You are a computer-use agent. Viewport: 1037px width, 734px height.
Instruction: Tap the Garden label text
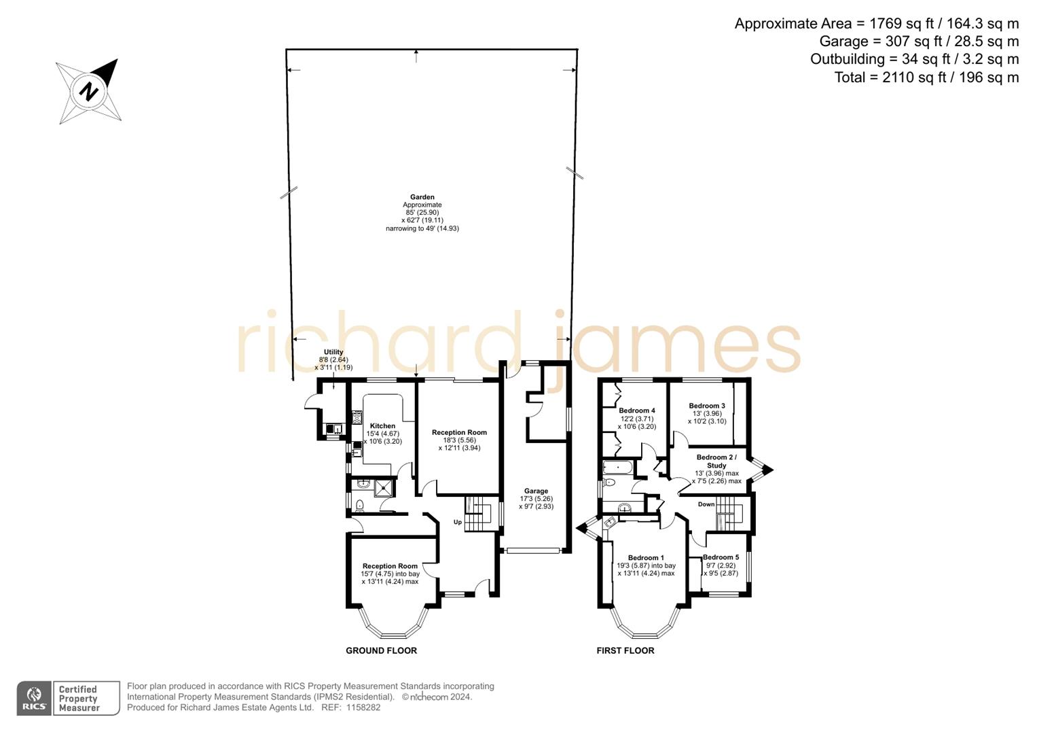422,197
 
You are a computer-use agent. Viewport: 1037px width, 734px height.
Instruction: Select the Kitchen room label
382,426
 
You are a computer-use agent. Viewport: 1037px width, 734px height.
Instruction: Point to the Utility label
333,352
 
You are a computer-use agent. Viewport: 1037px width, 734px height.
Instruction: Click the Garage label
536,491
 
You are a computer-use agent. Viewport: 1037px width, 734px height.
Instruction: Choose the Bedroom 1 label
646,558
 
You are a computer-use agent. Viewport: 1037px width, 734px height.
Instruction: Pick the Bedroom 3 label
707,406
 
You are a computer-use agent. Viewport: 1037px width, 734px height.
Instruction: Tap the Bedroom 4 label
637,410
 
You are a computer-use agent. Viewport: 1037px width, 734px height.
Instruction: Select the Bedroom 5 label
721,557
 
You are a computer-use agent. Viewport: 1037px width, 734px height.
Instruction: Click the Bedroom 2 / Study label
716,461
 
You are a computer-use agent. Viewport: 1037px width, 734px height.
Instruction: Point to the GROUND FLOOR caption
381,650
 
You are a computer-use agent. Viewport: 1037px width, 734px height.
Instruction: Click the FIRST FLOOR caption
625,650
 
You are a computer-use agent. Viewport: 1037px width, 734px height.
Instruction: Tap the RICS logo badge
33,699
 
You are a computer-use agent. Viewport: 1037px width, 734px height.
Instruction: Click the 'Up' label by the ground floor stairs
458,522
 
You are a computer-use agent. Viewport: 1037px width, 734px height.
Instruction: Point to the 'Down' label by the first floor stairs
706,504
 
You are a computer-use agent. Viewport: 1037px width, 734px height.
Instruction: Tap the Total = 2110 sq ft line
926,77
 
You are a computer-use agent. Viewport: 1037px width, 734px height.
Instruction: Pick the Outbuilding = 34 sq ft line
914,59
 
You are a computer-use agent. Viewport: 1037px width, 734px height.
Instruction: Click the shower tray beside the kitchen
384,485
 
